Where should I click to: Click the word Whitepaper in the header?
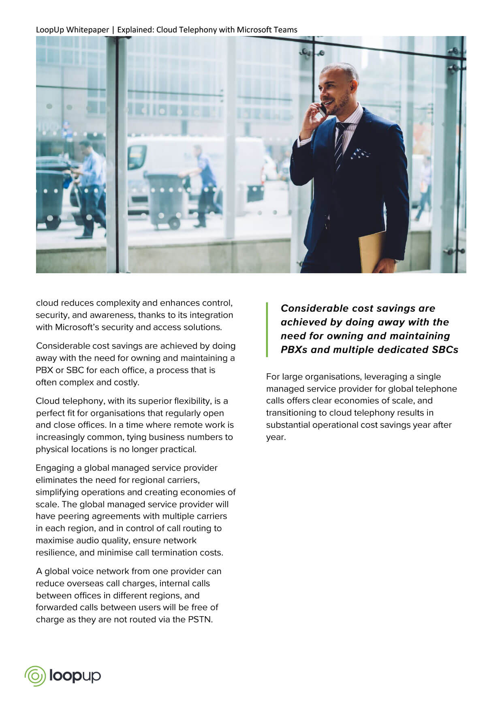(x=88, y=30)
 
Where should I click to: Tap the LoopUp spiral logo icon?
(x=35, y=676)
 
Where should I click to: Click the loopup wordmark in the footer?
(x=75, y=676)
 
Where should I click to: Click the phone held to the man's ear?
(x=323, y=109)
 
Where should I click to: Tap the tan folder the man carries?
(x=373, y=251)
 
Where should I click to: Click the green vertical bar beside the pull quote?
(x=267, y=329)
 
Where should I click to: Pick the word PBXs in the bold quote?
(x=294, y=350)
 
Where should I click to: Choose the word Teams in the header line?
(x=286, y=30)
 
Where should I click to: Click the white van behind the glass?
(x=194, y=162)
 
